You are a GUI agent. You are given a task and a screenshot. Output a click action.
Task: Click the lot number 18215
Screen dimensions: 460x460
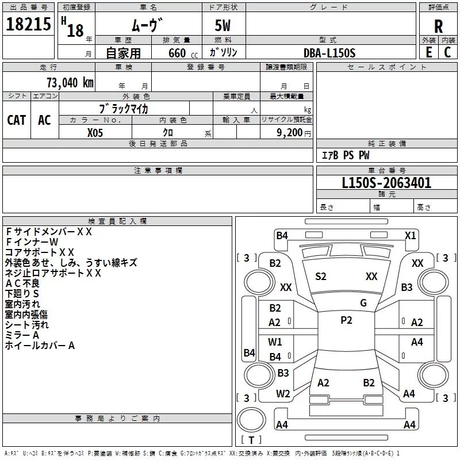coord(28,24)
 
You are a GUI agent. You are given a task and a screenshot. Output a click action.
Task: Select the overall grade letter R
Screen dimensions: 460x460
coord(438,26)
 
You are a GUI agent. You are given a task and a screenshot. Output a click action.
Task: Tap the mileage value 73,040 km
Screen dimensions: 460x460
coord(70,83)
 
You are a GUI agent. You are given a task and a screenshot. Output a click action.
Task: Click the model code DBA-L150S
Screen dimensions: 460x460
coord(329,53)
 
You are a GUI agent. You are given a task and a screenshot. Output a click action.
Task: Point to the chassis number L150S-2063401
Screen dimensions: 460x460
coord(386,183)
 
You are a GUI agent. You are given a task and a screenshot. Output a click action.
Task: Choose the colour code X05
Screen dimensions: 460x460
coord(95,133)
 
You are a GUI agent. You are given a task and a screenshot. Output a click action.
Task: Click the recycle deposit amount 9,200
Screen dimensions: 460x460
coord(289,133)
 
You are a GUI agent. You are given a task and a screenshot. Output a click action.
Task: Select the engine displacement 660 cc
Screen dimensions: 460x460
coord(183,53)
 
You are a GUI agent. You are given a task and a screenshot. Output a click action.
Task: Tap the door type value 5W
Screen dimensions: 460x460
coord(223,25)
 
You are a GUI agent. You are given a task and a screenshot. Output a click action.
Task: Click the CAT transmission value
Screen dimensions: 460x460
coord(17,120)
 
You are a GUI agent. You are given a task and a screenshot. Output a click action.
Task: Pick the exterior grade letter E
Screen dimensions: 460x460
coord(428,52)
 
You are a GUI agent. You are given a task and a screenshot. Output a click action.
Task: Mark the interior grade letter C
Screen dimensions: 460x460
coord(447,52)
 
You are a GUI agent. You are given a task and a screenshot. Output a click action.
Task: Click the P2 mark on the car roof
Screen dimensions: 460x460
coord(346,320)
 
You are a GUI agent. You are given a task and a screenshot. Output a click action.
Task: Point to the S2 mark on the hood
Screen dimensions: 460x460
coord(321,277)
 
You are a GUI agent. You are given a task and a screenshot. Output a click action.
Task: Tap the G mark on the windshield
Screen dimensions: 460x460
coord(363,303)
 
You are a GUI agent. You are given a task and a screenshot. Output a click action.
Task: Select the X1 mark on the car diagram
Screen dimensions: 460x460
coord(410,236)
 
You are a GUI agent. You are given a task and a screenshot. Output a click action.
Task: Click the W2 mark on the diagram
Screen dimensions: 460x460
coord(283,394)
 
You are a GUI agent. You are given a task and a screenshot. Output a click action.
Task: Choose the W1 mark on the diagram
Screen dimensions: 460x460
coord(275,342)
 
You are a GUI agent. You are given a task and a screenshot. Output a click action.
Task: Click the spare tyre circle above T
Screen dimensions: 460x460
coord(251,420)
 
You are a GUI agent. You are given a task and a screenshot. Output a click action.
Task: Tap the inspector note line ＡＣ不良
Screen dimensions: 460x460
coord(22,283)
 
